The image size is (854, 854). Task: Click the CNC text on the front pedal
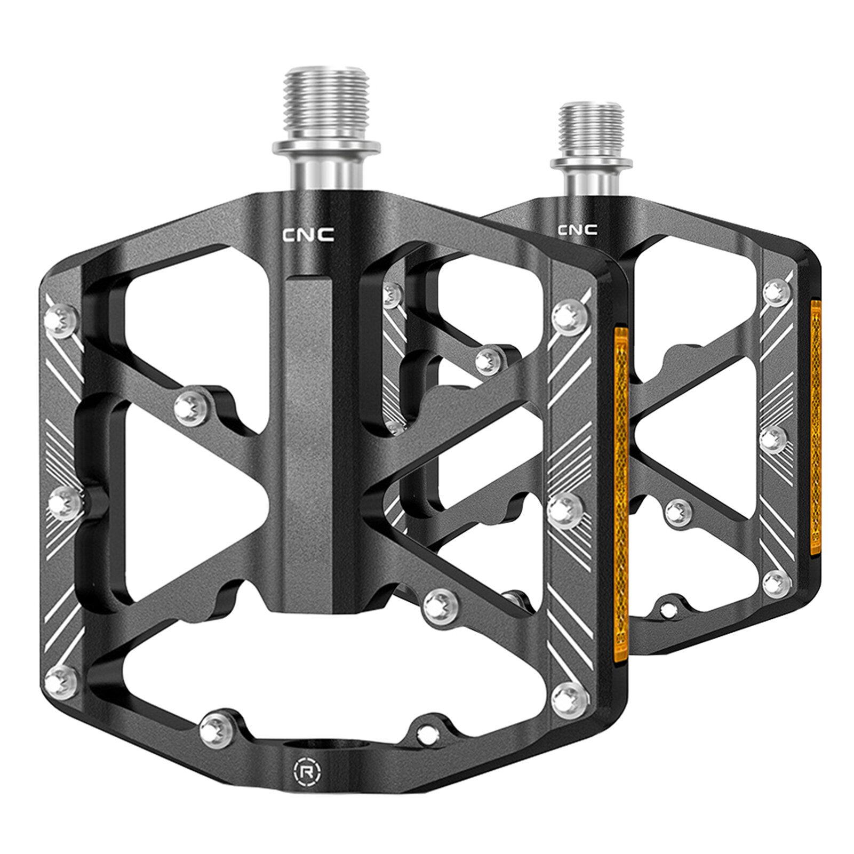coord(308,234)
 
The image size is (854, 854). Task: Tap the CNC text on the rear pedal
coord(577,230)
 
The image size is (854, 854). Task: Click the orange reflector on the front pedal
coord(622,496)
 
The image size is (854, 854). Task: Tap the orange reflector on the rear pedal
coord(816,420)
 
